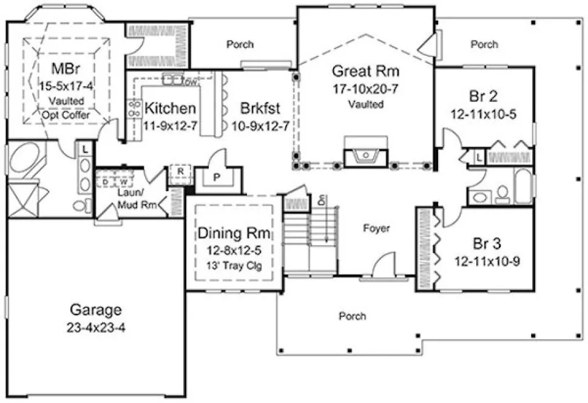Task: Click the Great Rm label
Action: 365,70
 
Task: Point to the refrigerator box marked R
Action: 180,171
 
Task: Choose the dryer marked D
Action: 106,181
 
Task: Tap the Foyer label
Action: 376,228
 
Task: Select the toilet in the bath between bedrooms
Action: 502,194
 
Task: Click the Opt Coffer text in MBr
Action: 66,113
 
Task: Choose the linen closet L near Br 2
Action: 479,157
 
